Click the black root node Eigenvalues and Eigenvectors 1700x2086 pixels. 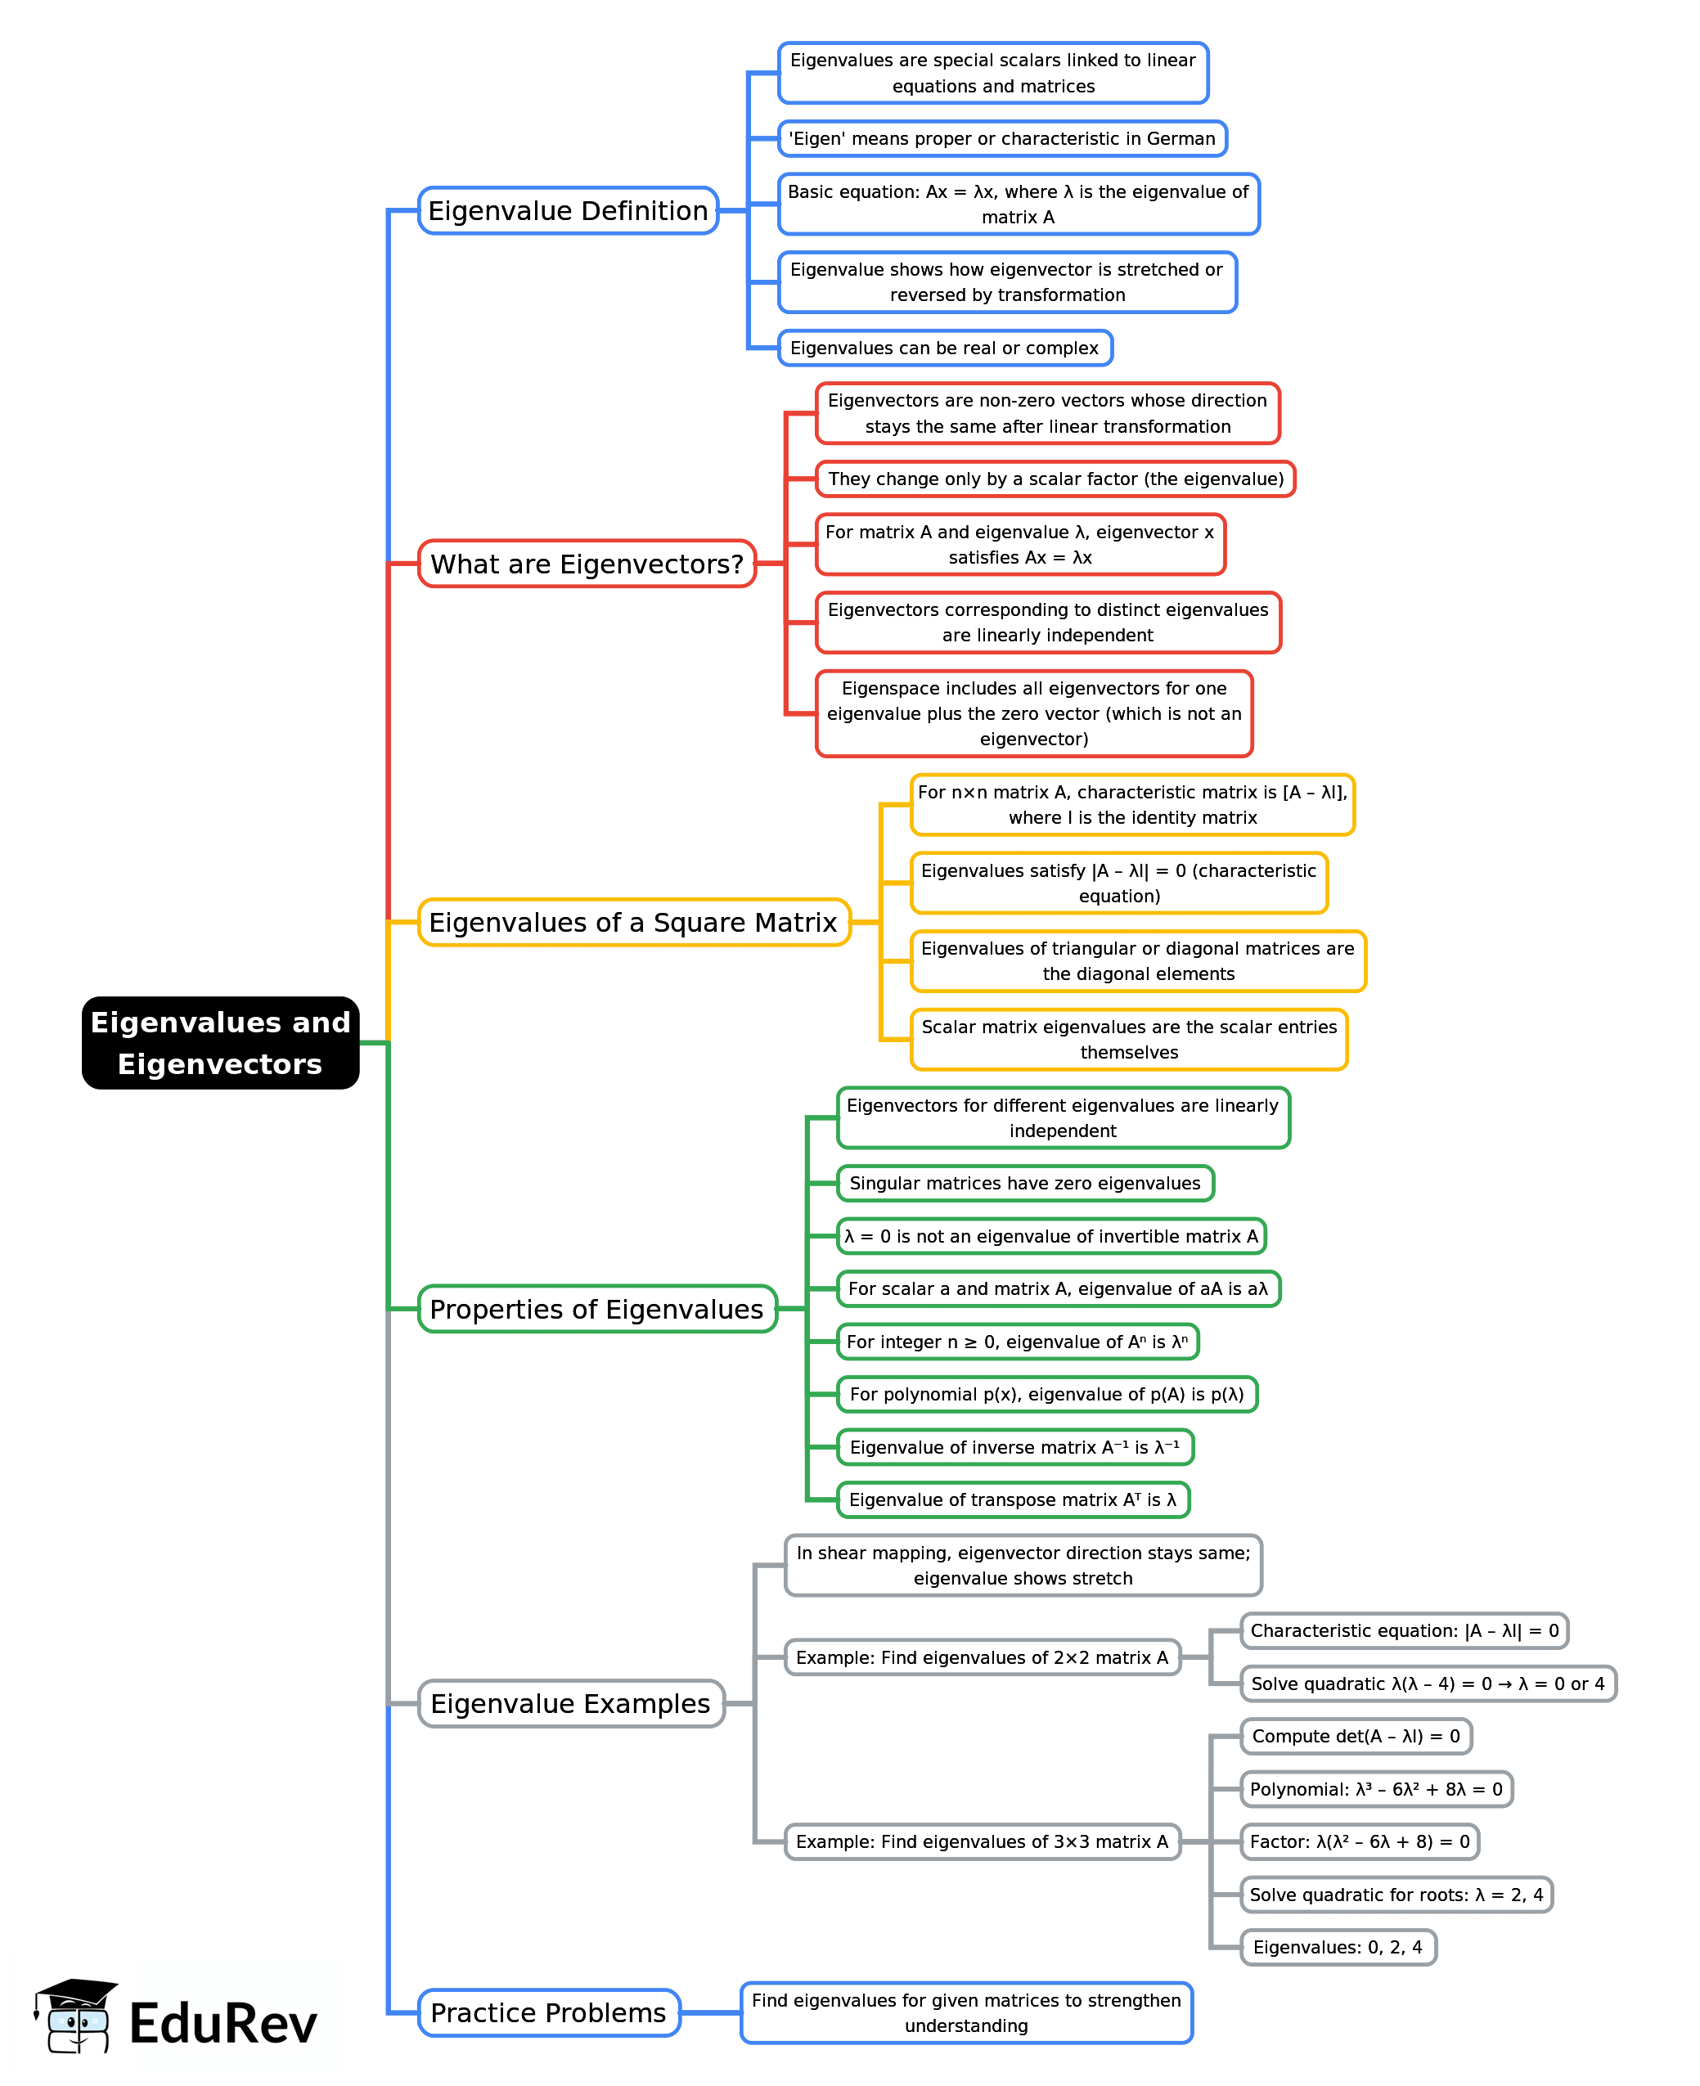(x=220, y=1042)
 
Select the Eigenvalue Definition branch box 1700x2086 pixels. (x=568, y=210)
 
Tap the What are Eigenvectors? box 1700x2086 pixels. (x=587, y=564)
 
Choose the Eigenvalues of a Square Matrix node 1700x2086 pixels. (x=633, y=923)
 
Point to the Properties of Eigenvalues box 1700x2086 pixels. (x=597, y=1310)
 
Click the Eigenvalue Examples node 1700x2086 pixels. (x=571, y=1704)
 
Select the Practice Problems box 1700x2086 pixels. (x=548, y=2012)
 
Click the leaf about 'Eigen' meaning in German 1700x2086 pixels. (x=1002, y=139)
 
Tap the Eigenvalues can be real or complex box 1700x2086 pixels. (x=945, y=348)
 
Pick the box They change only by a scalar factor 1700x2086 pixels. (x=1055, y=479)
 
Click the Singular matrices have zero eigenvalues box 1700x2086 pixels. (x=1025, y=1183)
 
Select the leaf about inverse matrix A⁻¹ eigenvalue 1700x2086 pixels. (x=1014, y=1447)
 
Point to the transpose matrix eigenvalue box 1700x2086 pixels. (x=1014, y=1499)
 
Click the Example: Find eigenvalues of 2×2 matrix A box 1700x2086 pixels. (x=983, y=1657)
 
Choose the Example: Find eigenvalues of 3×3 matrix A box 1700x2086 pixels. (x=983, y=1841)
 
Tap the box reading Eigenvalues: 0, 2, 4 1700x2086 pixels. (x=1338, y=1947)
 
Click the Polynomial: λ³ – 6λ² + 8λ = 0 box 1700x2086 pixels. (x=1376, y=1789)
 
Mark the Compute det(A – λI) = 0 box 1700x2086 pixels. (x=1356, y=1737)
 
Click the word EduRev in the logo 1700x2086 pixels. (x=223, y=2025)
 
